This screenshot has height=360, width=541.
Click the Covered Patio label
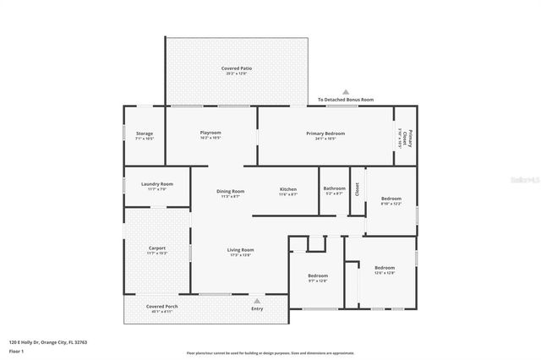tap(237, 68)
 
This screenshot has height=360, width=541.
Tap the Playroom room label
tap(210, 133)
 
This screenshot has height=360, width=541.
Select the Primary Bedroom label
tap(325, 133)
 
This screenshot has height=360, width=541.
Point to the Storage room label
tap(145, 134)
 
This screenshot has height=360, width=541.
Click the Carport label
tap(157, 248)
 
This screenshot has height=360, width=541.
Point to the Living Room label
tap(240, 250)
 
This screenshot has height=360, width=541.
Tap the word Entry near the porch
tap(257, 308)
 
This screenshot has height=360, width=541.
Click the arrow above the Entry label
tap(257, 299)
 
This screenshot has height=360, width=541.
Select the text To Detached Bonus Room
tap(345, 100)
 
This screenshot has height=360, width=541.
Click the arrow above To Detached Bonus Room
tap(345, 91)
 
